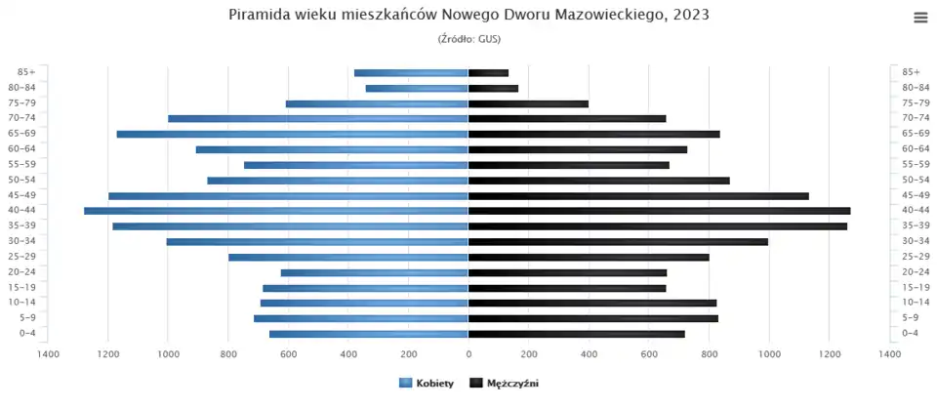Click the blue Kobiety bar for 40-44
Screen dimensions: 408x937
tap(276, 211)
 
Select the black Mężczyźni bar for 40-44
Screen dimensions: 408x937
tap(659, 211)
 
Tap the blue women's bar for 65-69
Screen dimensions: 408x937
tap(293, 134)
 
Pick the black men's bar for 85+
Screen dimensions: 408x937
tap(488, 72)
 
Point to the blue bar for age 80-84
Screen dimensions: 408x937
tap(417, 88)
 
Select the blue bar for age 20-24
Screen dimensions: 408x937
tap(375, 272)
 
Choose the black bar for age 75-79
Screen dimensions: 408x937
tap(528, 103)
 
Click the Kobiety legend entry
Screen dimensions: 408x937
tap(427, 385)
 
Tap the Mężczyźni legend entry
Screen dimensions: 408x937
tap(505, 385)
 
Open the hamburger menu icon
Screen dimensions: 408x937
tap(920, 17)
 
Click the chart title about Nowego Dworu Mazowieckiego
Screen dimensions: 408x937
tap(468, 15)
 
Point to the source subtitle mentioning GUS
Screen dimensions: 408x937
tap(468, 39)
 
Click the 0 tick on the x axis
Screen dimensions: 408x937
tap(468, 353)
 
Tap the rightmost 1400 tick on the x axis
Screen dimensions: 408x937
tap(889, 353)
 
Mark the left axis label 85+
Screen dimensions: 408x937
tap(26, 72)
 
